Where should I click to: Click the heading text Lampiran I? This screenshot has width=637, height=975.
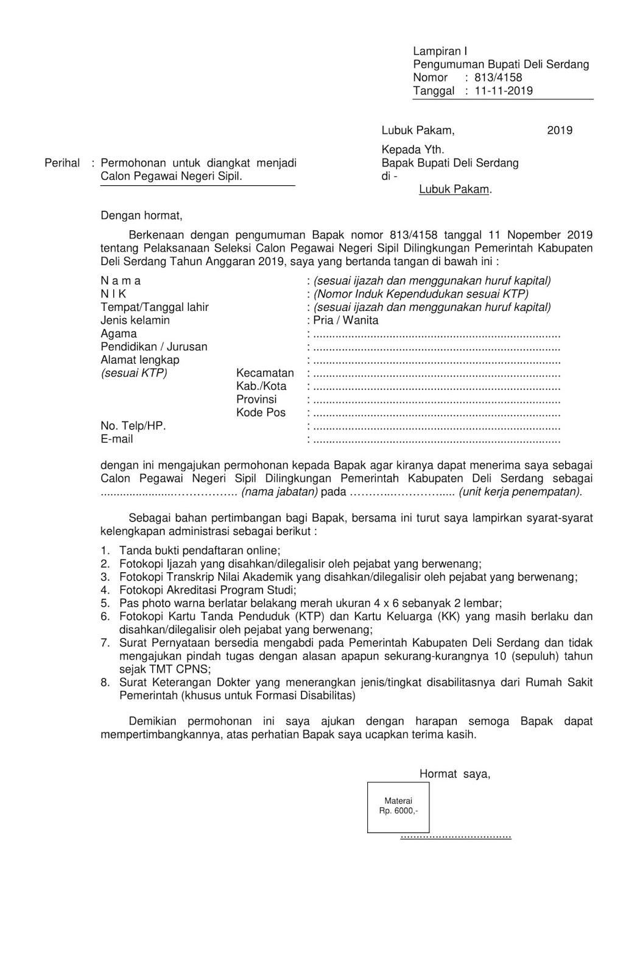(440, 51)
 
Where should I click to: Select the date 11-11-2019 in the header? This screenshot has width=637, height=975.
(504, 91)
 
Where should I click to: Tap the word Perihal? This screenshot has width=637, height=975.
(62, 163)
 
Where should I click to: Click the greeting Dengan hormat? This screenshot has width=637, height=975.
(141, 215)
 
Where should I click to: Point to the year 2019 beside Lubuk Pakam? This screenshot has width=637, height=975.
(559, 130)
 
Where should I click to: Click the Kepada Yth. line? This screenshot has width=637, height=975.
(412, 149)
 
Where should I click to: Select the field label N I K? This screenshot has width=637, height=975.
(113, 294)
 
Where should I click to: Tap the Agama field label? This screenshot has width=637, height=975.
(119, 333)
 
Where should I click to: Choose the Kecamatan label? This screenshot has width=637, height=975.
(265, 373)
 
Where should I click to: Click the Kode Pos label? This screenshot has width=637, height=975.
(261, 413)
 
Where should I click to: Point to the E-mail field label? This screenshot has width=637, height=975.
(116, 439)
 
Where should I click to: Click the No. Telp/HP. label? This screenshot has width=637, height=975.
(133, 425)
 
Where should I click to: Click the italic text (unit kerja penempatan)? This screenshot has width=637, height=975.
(521, 492)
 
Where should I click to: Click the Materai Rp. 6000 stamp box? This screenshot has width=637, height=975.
(398, 806)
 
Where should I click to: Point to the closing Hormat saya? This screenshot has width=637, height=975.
(454, 774)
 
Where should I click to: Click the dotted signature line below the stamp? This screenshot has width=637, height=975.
(456, 837)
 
